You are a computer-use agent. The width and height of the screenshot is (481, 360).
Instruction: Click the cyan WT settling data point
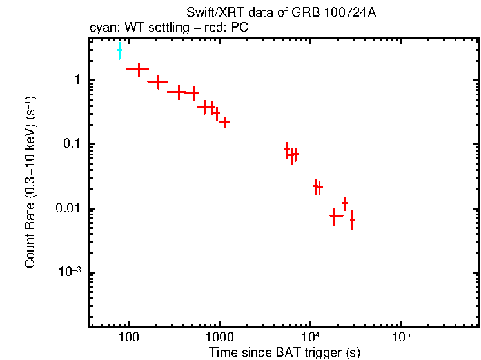point(119,50)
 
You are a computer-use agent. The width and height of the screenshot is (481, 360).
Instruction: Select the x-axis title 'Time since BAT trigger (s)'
point(284,352)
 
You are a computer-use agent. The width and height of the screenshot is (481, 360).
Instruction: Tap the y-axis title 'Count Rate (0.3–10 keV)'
point(30,182)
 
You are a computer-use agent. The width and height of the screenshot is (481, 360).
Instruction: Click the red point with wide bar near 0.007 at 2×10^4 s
point(334,216)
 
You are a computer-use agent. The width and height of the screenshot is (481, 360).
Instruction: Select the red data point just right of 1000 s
point(224,121)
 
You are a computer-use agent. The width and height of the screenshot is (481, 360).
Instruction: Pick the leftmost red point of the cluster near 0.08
point(287,150)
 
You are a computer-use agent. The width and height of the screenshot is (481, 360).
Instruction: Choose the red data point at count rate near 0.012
point(344,203)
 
